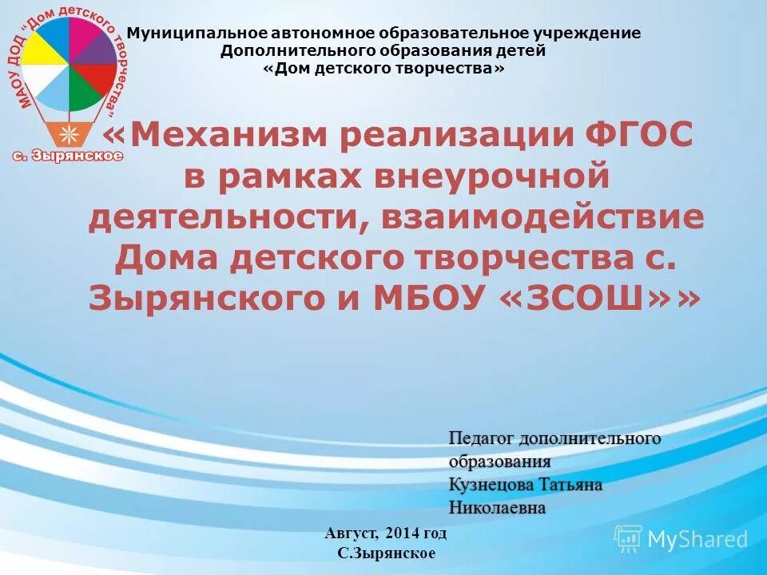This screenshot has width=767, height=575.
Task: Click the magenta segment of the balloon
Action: pos(82,32)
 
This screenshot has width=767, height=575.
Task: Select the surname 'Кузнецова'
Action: pos(487,485)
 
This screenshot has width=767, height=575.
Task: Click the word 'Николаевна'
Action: pos(497,508)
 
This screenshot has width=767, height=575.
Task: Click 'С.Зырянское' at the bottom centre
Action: pos(387,553)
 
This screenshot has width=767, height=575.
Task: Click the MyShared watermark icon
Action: pos(628,538)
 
